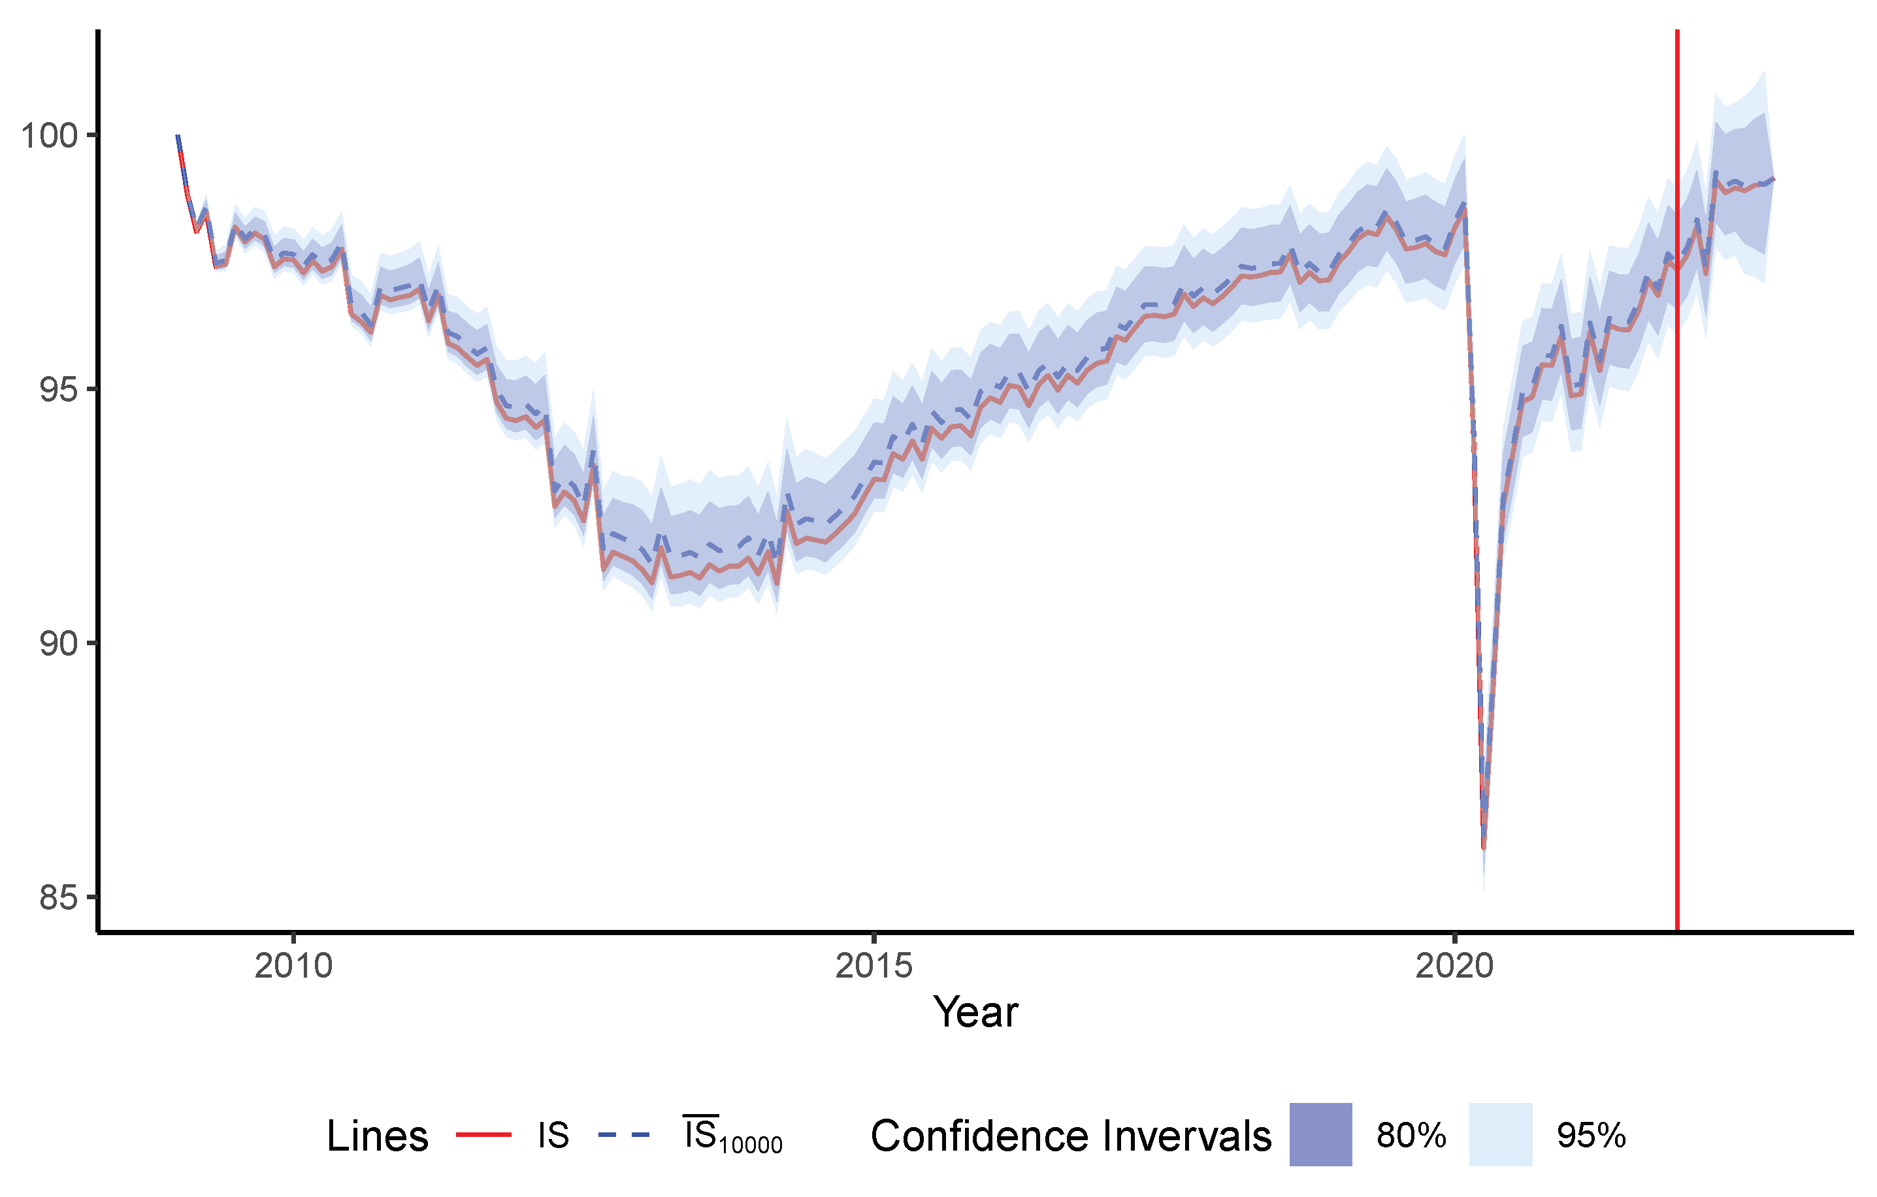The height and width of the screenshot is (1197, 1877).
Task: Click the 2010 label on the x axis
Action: (294, 966)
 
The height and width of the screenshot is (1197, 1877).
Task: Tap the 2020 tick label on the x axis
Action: (1454, 966)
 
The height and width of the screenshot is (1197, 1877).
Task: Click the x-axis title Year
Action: (975, 1013)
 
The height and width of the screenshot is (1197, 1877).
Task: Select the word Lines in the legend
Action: (377, 1136)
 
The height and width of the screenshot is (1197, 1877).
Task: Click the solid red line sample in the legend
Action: (483, 1136)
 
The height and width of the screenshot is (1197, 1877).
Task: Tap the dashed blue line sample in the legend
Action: (623, 1136)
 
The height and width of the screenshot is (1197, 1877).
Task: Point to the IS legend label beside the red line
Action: (553, 1136)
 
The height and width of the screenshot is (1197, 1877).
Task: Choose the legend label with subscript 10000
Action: (733, 1136)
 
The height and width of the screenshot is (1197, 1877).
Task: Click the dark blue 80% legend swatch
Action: (1320, 1135)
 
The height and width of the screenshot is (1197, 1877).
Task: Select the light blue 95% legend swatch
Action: (1501, 1135)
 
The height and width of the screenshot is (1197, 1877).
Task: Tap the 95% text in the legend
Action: (1591, 1136)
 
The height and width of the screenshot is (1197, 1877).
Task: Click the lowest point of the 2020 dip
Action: (1483, 848)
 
